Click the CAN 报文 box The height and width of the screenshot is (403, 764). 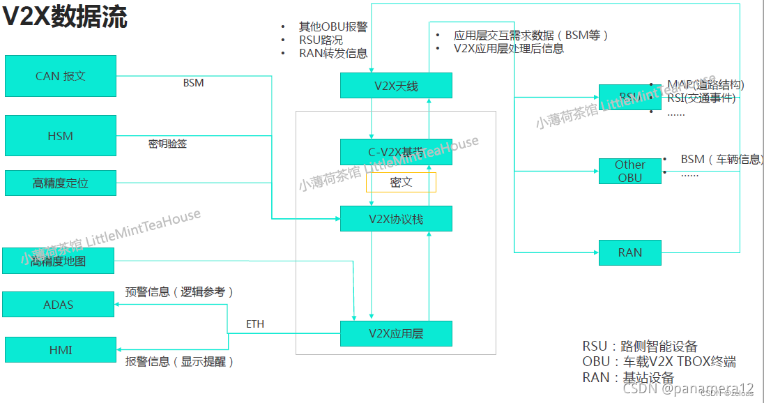[x=61, y=76]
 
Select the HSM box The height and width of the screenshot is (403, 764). [x=61, y=136]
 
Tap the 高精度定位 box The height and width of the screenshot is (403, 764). [x=61, y=183]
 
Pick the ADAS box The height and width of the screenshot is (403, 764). [x=59, y=305]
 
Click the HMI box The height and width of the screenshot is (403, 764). [x=61, y=350]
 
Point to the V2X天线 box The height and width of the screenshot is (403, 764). [x=396, y=86]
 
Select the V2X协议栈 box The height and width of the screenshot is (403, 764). [x=396, y=219]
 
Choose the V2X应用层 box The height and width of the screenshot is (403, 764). [x=396, y=333]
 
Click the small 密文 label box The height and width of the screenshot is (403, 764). [x=401, y=183]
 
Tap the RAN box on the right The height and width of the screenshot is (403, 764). [x=629, y=252]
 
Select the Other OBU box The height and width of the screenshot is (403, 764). [x=629, y=171]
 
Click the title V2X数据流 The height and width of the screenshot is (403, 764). [x=65, y=17]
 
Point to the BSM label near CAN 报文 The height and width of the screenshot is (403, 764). [x=193, y=83]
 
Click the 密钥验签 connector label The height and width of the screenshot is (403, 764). [x=167, y=144]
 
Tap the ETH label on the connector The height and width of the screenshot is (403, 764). [x=255, y=324]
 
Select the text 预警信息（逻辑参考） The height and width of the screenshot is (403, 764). [x=179, y=292]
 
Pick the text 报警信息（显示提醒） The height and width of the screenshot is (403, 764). [x=179, y=361]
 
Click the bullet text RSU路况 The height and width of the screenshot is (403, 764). [x=321, y=40]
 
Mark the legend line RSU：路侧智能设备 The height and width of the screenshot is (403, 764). [x=639, y=347]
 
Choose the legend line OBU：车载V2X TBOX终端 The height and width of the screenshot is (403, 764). [x=659, y=362]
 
